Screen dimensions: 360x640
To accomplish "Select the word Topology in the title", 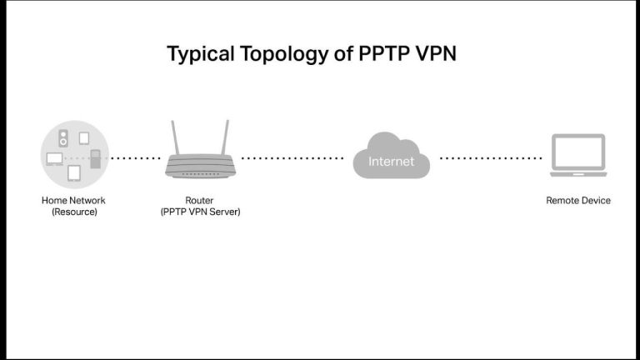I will pos(275,55).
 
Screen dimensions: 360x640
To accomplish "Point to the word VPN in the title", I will pos(433,54).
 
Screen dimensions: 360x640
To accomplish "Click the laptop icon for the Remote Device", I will pos(578,157).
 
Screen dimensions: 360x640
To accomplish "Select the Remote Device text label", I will pos(578,200).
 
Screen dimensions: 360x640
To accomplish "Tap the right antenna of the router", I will pos(224,138).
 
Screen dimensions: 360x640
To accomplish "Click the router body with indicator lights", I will pos(200,167).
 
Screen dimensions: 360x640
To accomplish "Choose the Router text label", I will pos(200,200).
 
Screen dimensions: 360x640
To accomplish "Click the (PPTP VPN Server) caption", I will pos(200,212).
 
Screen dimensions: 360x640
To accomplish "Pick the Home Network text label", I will pos(73,200).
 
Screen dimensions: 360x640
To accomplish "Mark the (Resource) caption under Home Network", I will pos(73,212).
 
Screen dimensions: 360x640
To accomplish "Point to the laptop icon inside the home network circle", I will pos(55,158).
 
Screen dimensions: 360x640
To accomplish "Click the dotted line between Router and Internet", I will pos(292,157).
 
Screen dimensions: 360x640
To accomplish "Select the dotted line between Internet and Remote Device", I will pos(490,157).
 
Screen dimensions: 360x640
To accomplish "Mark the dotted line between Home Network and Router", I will pos(136,157).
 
